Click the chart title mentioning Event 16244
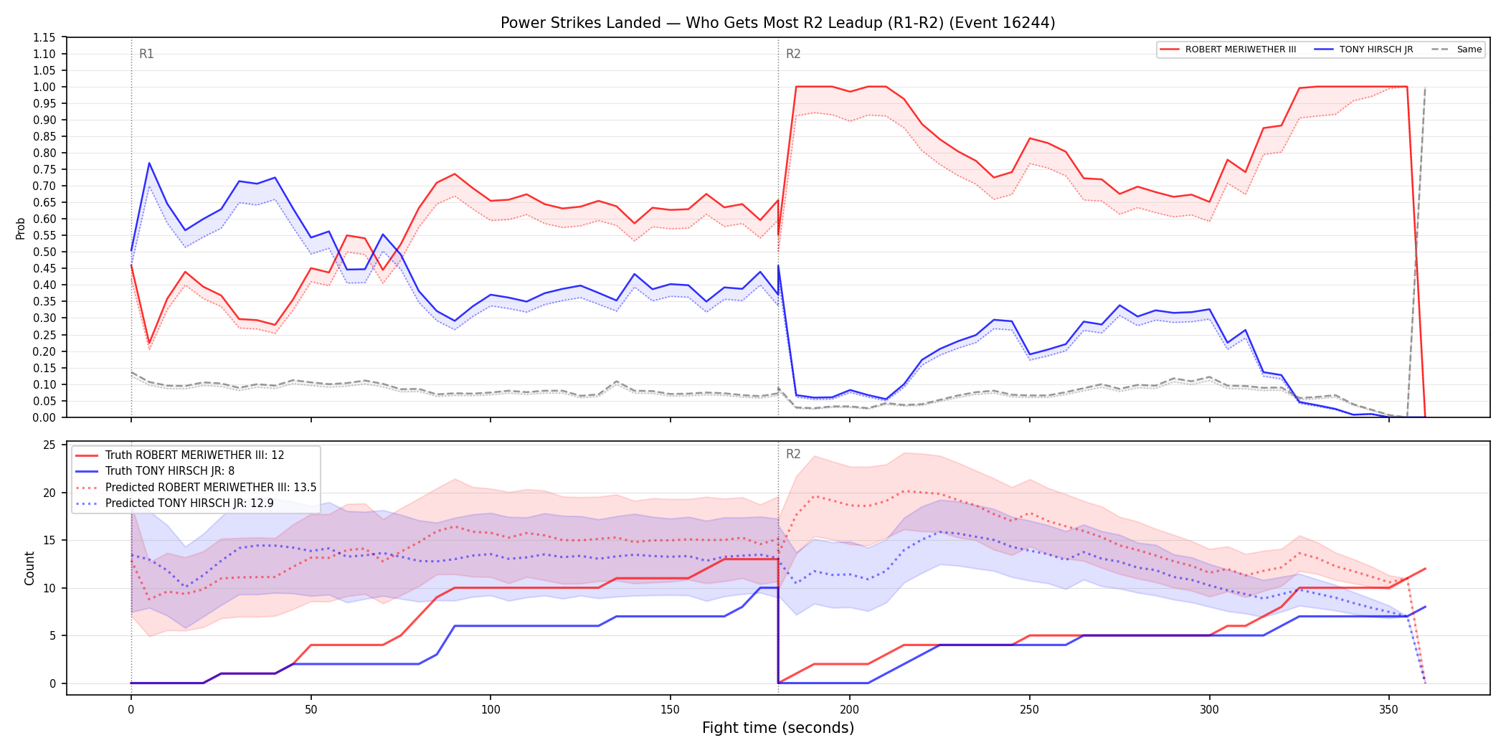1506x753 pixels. point(778,23)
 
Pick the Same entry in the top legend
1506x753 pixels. point(1456,49)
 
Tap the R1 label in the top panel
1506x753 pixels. point(146,54)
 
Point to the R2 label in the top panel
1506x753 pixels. point(793,54)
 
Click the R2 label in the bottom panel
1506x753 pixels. point(793,454)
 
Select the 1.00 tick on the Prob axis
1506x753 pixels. point(44,87)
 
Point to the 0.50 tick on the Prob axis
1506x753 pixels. point(44,252)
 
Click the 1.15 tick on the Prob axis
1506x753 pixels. point(44,37)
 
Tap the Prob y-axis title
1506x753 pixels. point(21,228)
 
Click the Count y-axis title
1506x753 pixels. point(29,568)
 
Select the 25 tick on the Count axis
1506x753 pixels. point(49,445)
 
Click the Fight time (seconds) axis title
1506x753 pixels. point(778,728)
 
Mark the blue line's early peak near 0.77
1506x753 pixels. point(149,163)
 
